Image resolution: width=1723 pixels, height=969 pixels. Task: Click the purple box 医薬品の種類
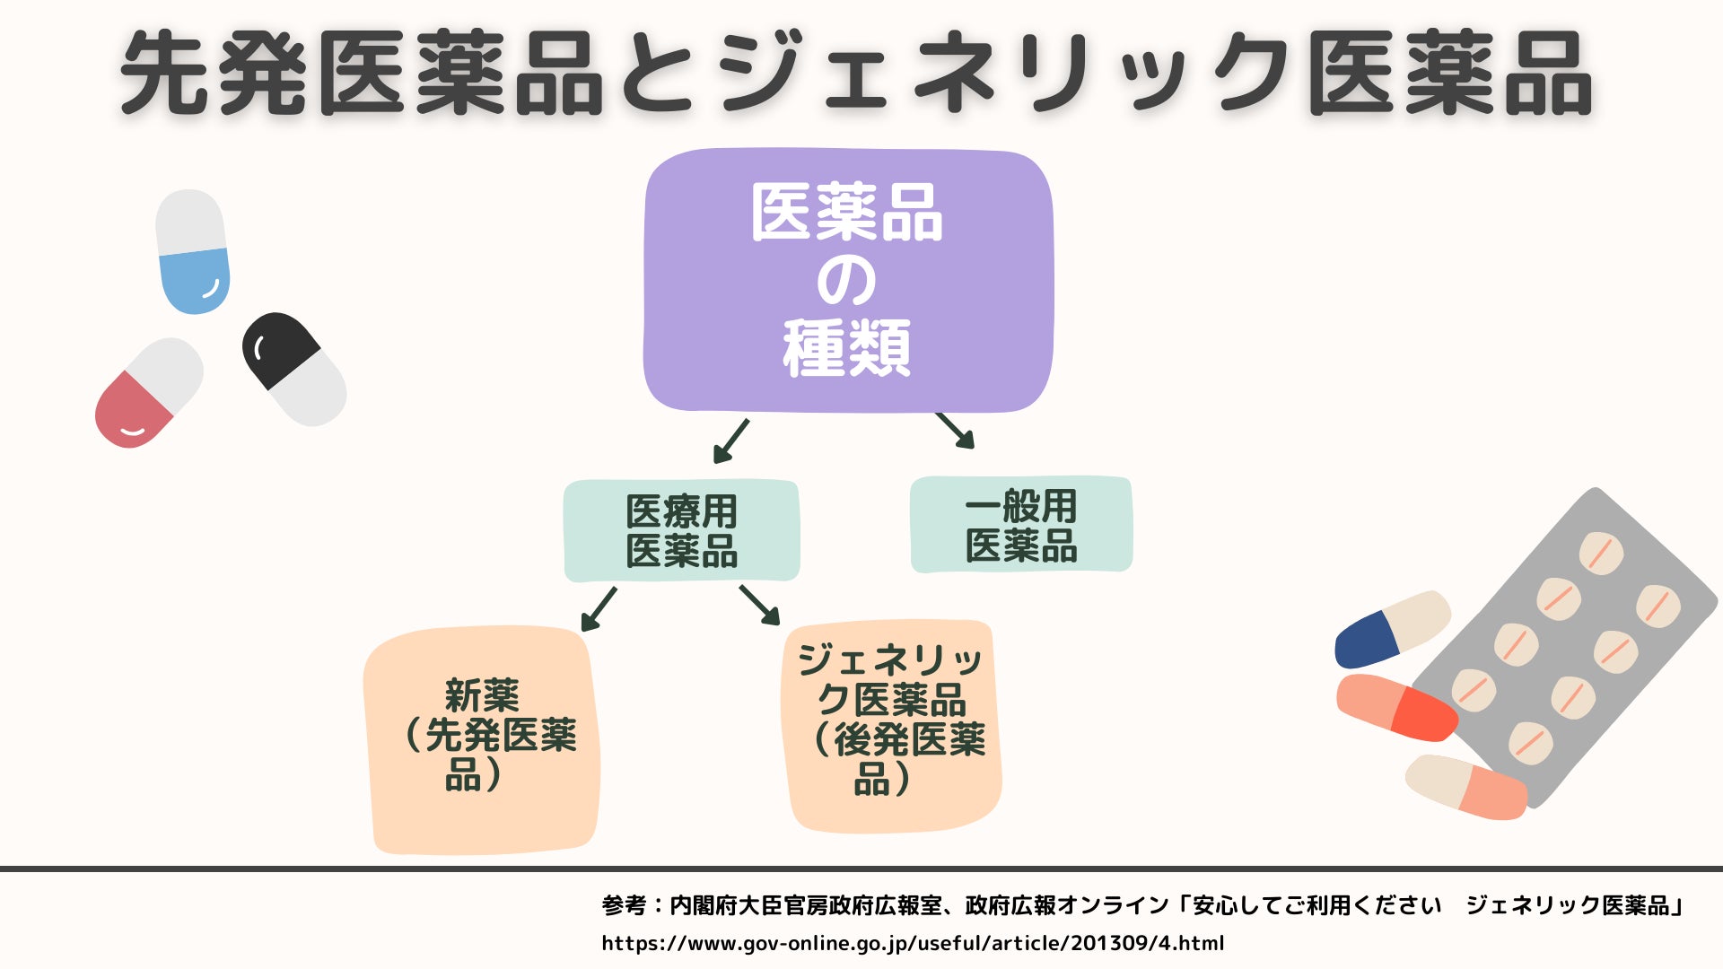click(x=848, y=280)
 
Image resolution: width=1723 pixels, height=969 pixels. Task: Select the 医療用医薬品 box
click(x=681, y=530)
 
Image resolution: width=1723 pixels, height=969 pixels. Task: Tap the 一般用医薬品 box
click(x=1021, y=525)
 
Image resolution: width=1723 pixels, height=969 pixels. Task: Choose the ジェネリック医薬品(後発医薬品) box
click(x=893, y=725)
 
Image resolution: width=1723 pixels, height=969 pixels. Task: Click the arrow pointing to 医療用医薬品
click(x=730, y=441)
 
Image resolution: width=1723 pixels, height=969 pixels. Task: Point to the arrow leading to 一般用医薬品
click(x=956, y=431)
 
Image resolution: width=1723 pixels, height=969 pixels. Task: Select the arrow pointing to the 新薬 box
click(x=599, y=609)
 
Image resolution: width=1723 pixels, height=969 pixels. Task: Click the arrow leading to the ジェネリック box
click(x=759, y=605)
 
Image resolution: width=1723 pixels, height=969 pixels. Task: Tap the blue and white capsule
click(x=192, y=251)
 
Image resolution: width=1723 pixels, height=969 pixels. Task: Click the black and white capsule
click(x=293, y=369)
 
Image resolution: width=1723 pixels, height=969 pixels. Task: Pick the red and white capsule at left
click(x=149, y=393)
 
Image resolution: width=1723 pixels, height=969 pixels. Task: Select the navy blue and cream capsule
click(x=1392, y=629)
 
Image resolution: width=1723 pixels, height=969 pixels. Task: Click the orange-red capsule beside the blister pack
click(x=1396, y=707)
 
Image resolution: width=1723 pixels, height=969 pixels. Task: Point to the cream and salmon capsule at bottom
click(x=1465, y=786)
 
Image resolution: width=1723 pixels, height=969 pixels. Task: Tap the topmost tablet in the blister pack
click(x=1601, y=553)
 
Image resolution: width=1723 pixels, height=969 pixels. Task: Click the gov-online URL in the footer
click(x=913, y=943)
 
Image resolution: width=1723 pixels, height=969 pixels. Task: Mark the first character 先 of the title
click(x=166, y=74)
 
